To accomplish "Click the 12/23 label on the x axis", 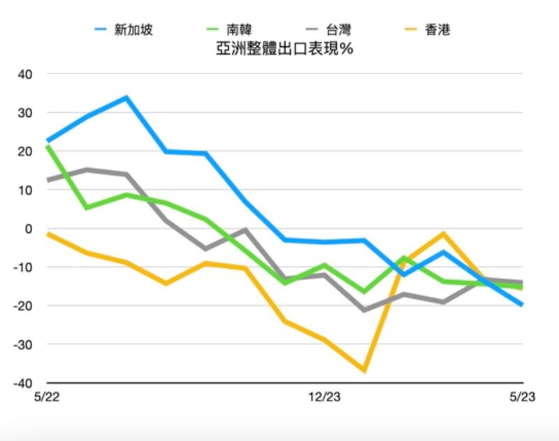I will [324, 398].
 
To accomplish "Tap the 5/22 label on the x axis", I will [47, 398].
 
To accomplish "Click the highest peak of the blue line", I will [126, 97].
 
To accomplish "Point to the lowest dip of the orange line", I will [364, 370].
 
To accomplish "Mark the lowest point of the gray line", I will [364, 310].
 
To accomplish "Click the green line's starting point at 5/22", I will [47, 146].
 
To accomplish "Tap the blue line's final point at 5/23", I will [522, 304].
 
